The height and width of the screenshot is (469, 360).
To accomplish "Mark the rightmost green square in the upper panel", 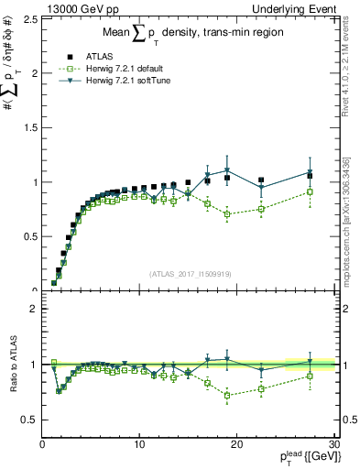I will coord(311,191).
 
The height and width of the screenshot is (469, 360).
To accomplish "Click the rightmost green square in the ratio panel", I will coord(311,376).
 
